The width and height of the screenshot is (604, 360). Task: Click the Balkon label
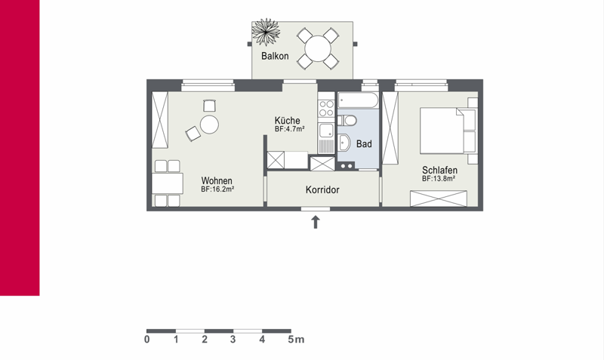pyautogui.click(x=275, y=56)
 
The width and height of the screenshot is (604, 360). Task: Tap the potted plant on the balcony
pyautogui.click(x=266, y=32)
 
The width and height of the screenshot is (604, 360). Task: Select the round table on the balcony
pyautogui.click(x=318, y=48)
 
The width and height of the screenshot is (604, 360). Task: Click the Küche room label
pyautogui.click(x=288, y=120)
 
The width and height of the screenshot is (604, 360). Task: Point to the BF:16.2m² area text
pyautogui.click(x=217, y=189)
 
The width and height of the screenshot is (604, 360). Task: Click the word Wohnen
pyautogui.click(x=217, y=180)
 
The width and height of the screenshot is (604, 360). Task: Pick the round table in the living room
pyautogui.click(x=210, y=125)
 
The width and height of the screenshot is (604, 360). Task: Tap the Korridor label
pyautogui.click(x=322, y=190)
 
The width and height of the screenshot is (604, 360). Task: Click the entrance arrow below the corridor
pyautogui.click(x=316, y=222)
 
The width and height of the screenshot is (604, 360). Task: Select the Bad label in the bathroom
pyautogui.click(x=364, y=144)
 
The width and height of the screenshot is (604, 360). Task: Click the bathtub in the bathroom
pyautogui.click(x=358, y=100)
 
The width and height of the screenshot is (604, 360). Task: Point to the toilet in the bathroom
pyautogui.click(x=347, y=121)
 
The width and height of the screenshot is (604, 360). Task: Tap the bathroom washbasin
pyautogui.click(x=344, y=143)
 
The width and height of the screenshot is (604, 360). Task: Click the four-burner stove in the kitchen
pyautogui.click(x=326, y=108)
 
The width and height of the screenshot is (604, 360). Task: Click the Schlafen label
pyautogui.click(x=439, y=170)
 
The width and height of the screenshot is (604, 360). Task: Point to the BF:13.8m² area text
pyautogui.click(x=439, y=179)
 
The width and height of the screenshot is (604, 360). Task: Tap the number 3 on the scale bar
pyautogui.click(x=233, y=340)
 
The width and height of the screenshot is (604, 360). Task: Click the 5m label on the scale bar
pyautogui.click(x=296, y=340)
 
